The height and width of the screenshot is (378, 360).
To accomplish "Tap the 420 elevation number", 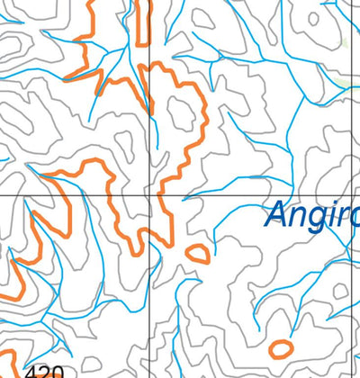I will click(x=45, y=372).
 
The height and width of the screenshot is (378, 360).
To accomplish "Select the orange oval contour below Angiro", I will click(x=281, y=346).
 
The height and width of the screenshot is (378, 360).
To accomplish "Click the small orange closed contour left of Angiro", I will click(x=198, y=253).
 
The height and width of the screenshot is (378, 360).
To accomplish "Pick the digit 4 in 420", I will click(x=32, y=372).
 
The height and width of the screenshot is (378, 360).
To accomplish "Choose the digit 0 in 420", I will click(x=58, y=372).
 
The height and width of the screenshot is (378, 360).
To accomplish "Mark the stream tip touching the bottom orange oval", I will click(x=270, y=343).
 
